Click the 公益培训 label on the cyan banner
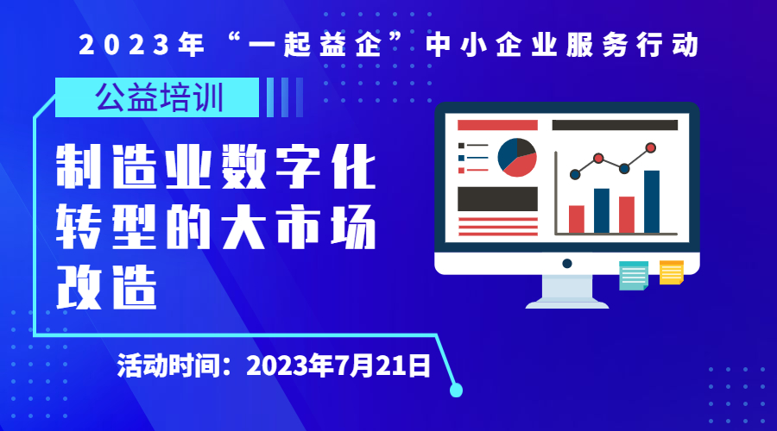pos(159,97)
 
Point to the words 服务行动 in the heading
pos(632,45)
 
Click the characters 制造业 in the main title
pos(134,166)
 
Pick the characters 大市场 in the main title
pos(300,227)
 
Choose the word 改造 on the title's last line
pos(106,288)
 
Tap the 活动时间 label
pos(168,366)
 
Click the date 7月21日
pos(382,366)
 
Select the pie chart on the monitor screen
pos(517,158)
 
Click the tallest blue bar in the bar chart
pos(652,202)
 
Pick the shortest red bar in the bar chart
pos(577,219)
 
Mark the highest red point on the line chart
pos(651,147)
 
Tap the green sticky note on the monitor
pos(634,276)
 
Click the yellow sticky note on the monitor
pos(672,272)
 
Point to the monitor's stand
pos(567,291)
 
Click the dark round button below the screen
pos(567,264)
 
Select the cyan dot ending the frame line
pos(456,390)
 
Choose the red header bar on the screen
pos(497,125)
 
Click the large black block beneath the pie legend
pos(497,199)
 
